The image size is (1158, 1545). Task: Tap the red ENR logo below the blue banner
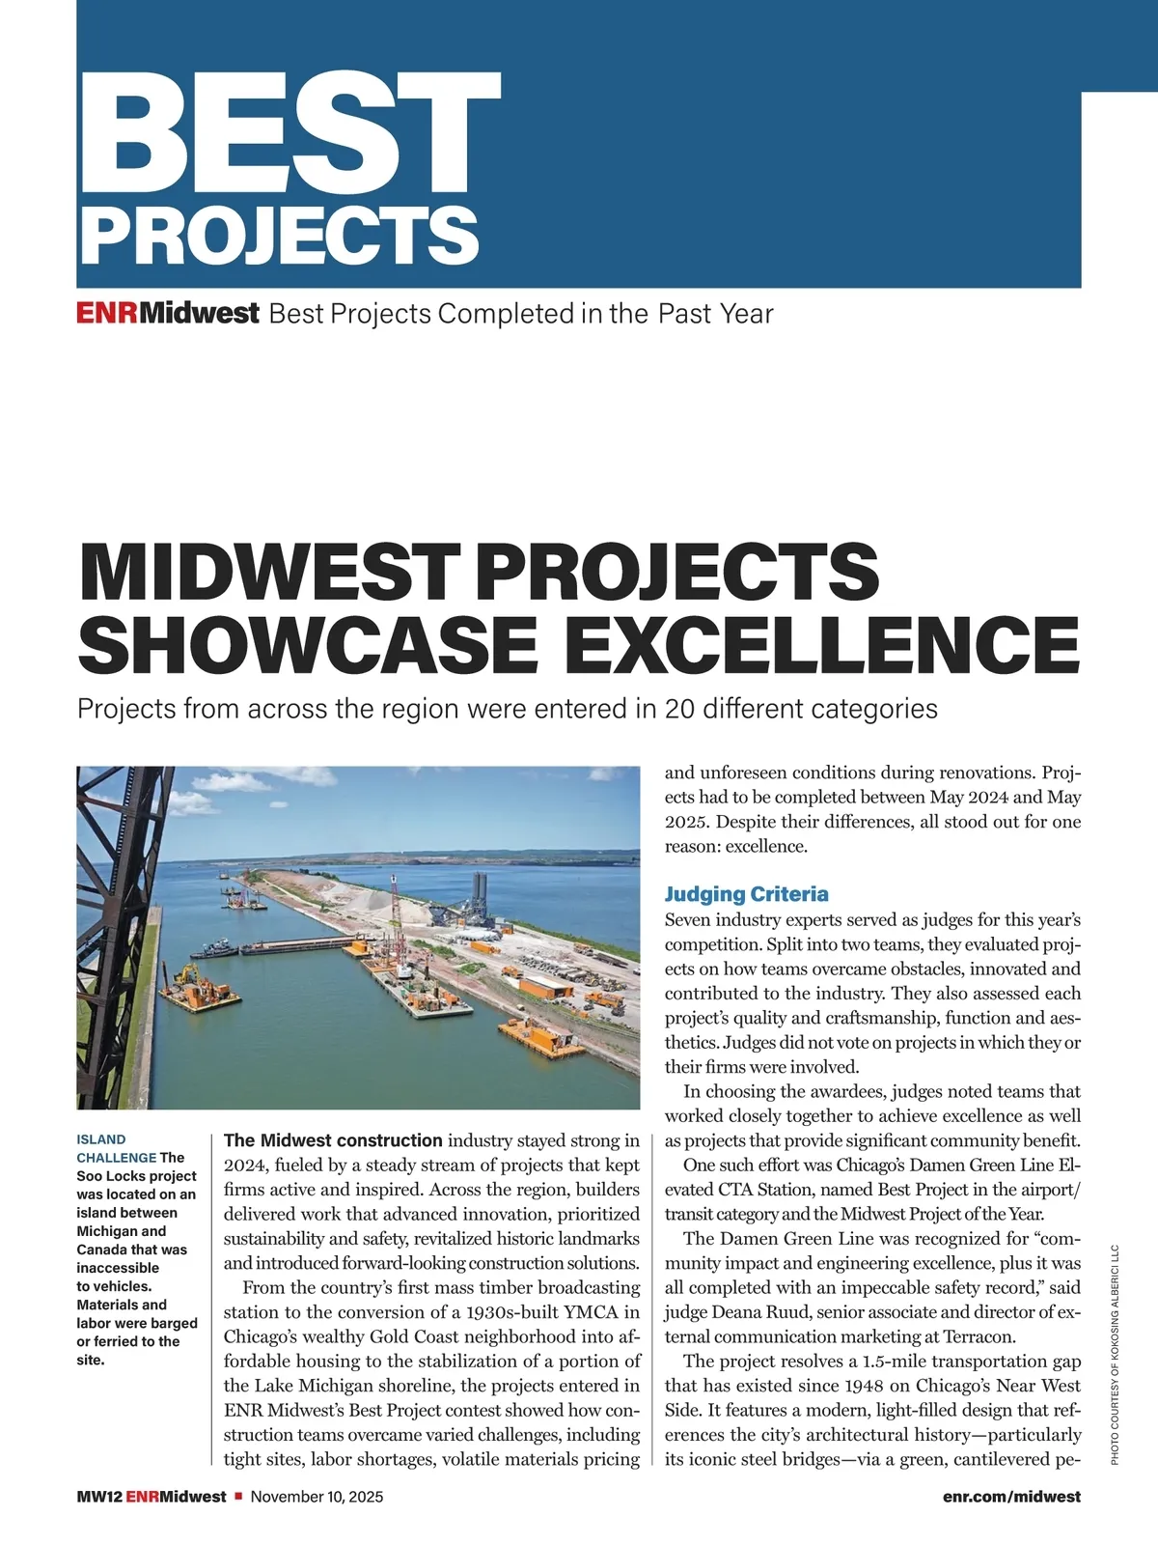[107, 314]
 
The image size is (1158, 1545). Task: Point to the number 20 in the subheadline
[679, 709]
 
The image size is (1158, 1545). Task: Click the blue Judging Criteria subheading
[746, 894]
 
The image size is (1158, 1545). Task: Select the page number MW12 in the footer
[98, 1497]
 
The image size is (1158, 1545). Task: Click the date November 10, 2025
[317, 1497]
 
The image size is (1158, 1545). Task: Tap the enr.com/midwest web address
[1011, 1497]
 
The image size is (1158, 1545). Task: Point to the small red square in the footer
[238, 1497]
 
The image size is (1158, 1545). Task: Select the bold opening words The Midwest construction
[333, 1140]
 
